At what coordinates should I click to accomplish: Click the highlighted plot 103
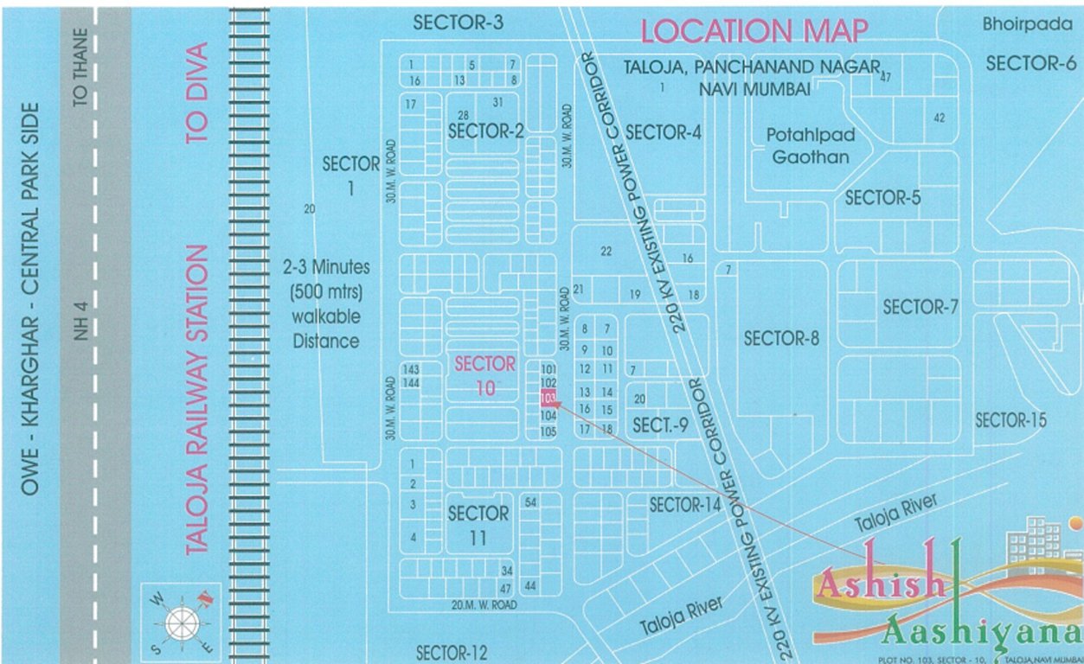[548, 399]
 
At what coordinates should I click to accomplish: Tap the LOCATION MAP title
[754, 30]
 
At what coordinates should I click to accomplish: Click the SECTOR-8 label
[781, 338]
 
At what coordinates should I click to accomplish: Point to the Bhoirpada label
[1027, 24]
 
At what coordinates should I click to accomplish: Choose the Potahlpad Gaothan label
[811, 146]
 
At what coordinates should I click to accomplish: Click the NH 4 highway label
[81, 318]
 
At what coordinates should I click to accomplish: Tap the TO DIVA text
[198, 93]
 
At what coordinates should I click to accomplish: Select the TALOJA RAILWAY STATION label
[198, 399]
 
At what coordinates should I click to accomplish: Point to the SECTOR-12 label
[452, 652]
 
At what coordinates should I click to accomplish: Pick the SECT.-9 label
[660, 425]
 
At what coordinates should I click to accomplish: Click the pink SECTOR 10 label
[484, 375]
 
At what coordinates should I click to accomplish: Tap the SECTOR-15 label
[1010, 420]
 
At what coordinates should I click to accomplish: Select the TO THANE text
[81, 67]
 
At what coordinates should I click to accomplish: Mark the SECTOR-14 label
[685, 505]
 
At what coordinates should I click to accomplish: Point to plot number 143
[411, 369]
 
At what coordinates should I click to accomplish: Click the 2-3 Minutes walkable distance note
[325, 303]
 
